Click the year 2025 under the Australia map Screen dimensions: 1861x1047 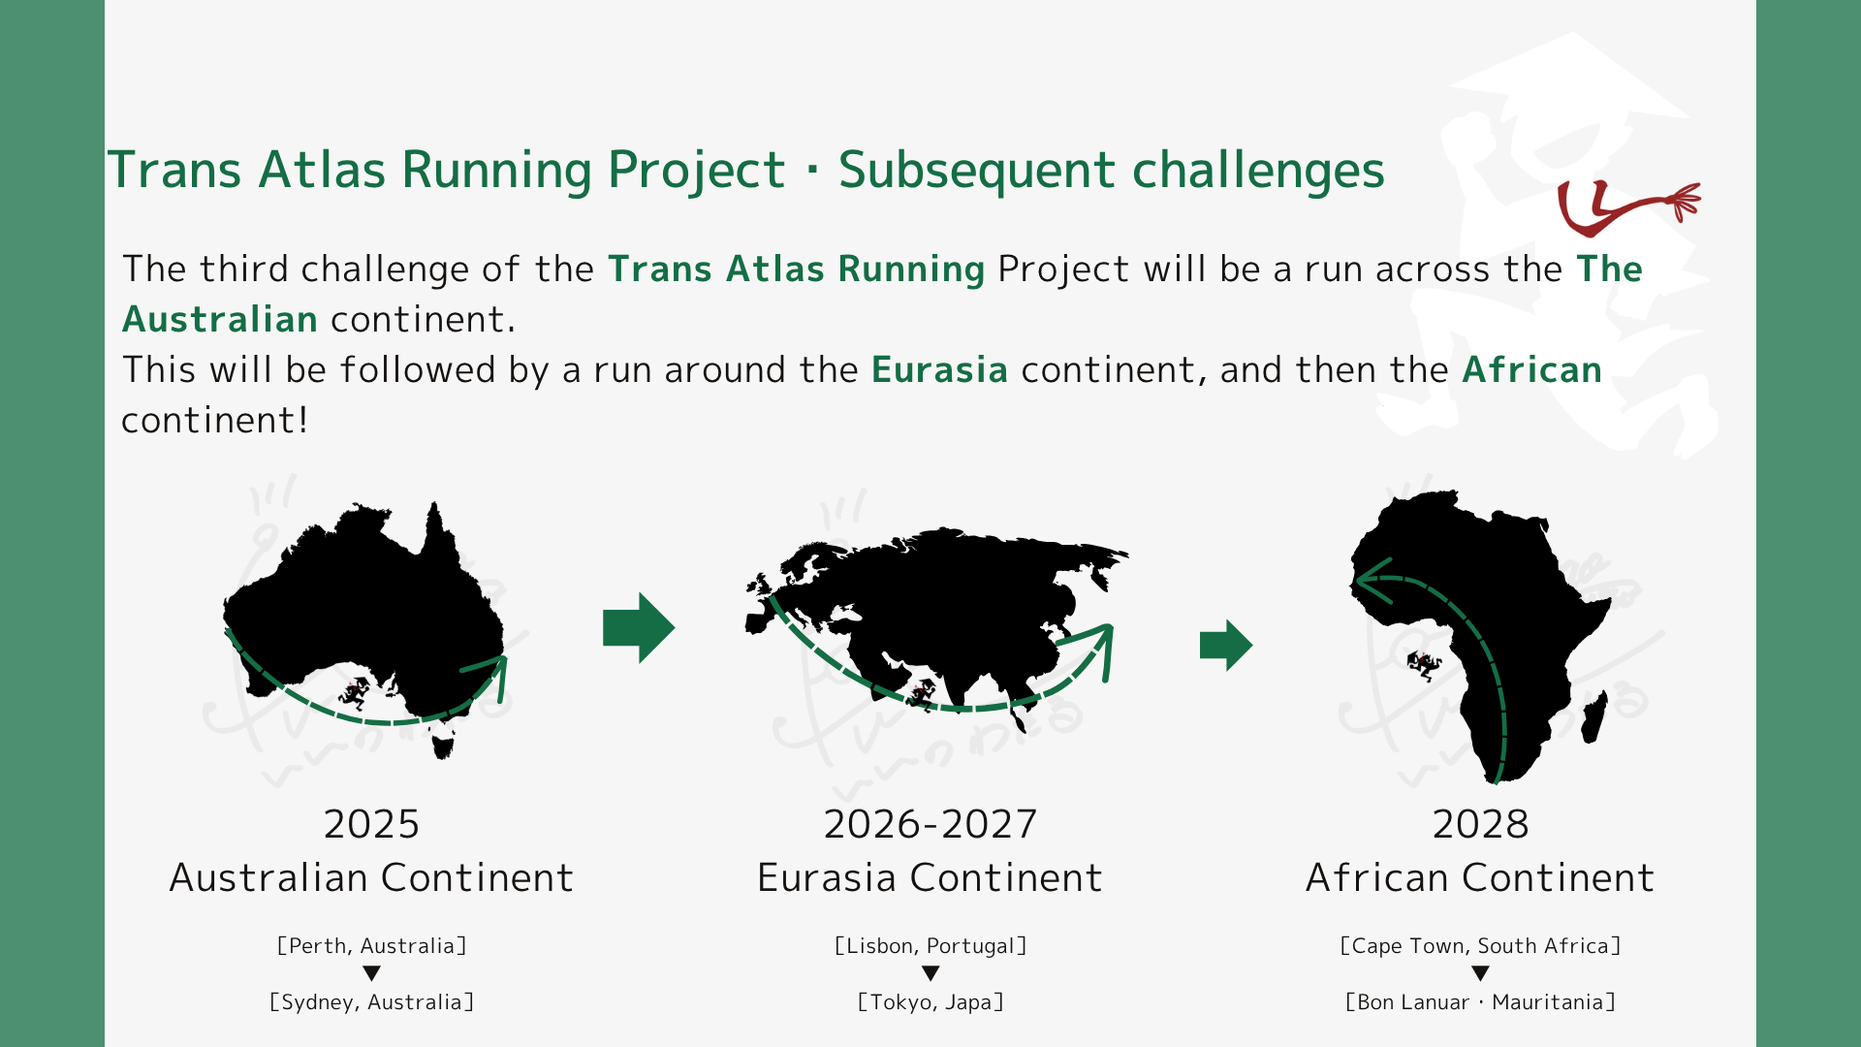(x=371, y=824)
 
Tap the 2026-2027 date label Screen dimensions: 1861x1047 (x=930, y=824)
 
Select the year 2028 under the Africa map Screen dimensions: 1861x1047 (x=1480, y=824)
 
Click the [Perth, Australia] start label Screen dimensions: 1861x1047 (x=371, y=945)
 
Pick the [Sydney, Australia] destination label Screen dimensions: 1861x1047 (x=371, y=1001)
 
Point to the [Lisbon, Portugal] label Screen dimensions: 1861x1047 (x=930, y=945)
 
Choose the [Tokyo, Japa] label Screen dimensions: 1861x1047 (x=930, y=1001)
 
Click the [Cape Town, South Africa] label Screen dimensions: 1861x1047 (x=1480, y=945)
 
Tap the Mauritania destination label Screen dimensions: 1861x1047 (x=1480, y=1001)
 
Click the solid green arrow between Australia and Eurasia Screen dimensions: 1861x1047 (x=639, y=627)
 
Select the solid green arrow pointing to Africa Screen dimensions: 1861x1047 (x=1226, y=645)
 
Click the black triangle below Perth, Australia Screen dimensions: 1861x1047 (x=371, y=973)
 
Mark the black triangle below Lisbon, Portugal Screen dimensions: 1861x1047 (x=930, y=973)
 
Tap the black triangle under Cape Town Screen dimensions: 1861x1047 (x=1480, y=973)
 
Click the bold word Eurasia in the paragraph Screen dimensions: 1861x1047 (x=939, y=369)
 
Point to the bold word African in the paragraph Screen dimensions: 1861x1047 (x=1531, y=369)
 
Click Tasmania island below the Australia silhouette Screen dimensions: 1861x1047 (x=443, y=746)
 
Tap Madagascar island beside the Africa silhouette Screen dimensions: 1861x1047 (x=1595, y=716)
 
